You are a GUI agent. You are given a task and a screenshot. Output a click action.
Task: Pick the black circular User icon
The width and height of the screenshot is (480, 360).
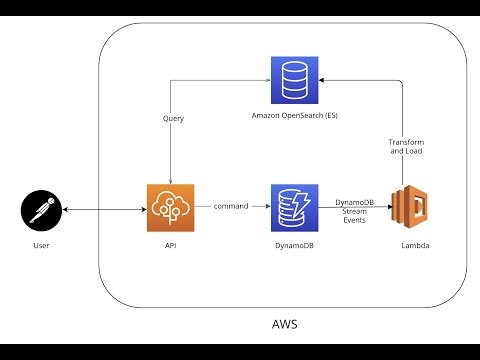tap(42, 210)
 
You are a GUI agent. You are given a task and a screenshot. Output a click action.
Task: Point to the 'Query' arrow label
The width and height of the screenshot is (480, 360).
tap(172, 118)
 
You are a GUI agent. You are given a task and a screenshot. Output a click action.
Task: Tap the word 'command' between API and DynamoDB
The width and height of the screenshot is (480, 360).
tap(232, 206)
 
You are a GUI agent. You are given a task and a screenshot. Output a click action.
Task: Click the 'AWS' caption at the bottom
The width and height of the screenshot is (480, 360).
tap(284, 325)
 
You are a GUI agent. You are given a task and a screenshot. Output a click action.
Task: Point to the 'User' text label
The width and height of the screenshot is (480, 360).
tap(42, 244)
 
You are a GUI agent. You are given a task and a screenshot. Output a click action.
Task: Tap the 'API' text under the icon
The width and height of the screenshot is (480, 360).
tap(171, 244)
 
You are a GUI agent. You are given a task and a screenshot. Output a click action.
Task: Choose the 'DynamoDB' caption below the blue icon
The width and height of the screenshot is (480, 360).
tap(293, 244)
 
